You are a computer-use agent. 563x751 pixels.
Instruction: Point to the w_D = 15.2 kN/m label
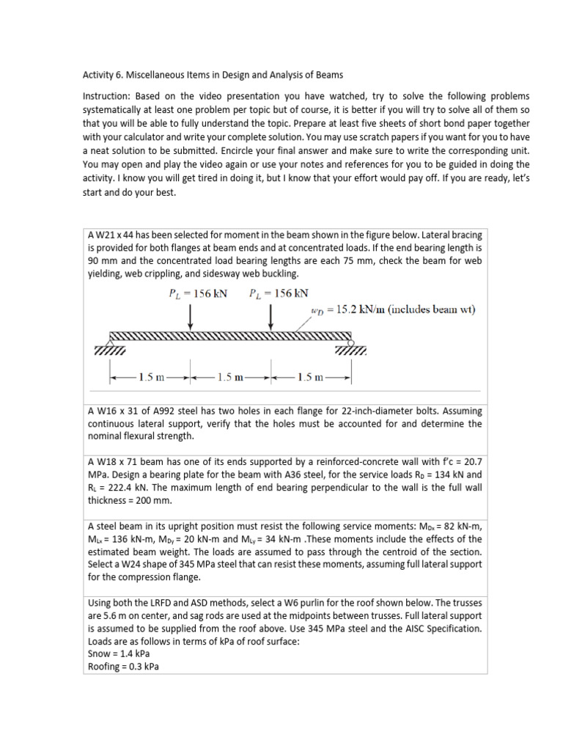pos(391,310)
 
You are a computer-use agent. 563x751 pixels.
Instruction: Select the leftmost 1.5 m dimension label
pos(150,378)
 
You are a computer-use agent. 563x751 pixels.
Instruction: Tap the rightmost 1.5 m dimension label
pos(312,378)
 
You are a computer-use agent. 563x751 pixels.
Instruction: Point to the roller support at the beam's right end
pos(350,341)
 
